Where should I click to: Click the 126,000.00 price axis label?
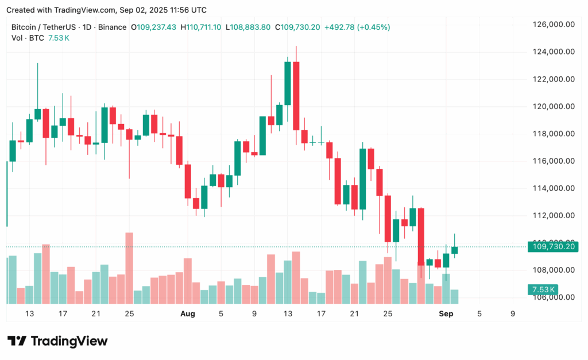click(x=554, y=25)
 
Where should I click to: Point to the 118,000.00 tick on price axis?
click(x=554, y=134)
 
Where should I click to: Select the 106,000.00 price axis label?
click(x=554, y=297)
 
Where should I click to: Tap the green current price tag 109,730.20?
click(x=554, y=247)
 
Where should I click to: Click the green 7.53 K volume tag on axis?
click(x=543, y=289)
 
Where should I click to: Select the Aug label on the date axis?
click(x=188, y=313)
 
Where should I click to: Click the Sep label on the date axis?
click(x=446, y=313)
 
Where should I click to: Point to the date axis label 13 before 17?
click(x=29, y=313)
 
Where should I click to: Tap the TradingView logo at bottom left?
click(x=57, y=341)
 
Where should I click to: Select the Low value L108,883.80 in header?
click(x=248, y=27)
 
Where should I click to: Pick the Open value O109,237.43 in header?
click(x=154, y=27)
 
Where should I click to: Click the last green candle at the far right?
click(x=455, y=249)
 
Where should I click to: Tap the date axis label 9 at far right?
click(x=512, y=313)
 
